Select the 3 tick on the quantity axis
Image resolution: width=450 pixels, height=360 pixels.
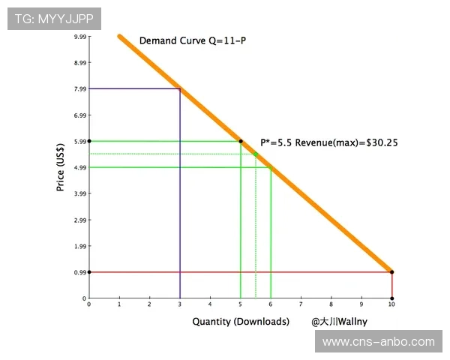pos(180,304)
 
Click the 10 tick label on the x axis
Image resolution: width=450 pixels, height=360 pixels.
pos(391,304)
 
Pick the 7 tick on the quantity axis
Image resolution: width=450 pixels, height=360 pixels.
pos(301,304)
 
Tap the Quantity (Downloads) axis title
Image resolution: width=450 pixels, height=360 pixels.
pos(240,322)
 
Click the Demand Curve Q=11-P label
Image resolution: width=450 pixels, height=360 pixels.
pos(193,40)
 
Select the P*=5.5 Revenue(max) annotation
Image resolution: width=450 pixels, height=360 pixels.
pos(330,142)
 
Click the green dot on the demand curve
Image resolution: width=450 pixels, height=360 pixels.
pos(256,154)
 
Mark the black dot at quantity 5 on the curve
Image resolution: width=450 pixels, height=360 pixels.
pos(241,141)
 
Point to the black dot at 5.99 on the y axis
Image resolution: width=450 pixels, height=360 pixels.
pos(89,141)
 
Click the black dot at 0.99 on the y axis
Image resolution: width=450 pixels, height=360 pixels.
pos(89,272)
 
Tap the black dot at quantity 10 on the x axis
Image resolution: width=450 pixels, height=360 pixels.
pos(391,298)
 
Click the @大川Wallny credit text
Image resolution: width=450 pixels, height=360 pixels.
pos(338,322)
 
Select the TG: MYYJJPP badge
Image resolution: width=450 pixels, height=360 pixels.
pos(54,19)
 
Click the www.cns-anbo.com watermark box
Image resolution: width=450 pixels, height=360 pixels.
pos(378,342)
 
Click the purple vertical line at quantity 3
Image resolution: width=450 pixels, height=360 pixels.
pos(180,195)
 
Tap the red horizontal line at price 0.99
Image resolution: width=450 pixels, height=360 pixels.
pos(240,272)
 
